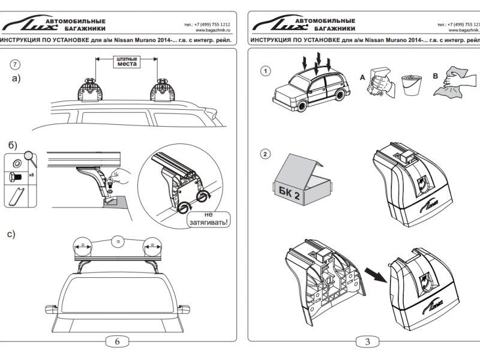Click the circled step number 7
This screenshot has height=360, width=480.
pos(16,64)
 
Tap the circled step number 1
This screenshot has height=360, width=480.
pos(265,71)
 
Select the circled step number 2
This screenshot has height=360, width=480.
pos(265,154)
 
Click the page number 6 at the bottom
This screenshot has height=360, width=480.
pos(117,341)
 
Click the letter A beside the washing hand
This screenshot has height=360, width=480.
pos(361,78)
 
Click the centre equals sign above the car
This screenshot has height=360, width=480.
pos(118,241)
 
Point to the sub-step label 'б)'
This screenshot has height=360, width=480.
pos(12,145)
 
